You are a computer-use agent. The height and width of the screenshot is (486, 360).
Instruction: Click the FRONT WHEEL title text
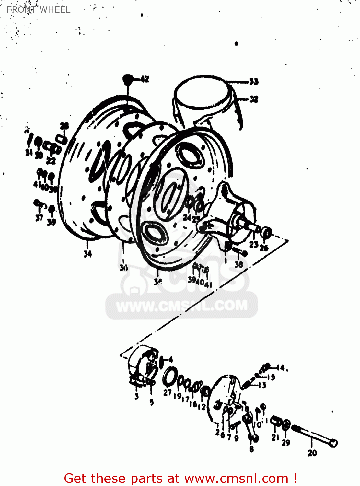click(39, 10)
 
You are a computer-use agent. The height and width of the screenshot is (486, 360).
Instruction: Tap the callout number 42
click(145, 79)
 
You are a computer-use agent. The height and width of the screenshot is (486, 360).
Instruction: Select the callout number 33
click(254, 81)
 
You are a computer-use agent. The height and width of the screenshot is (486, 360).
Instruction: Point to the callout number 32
click(254, 99)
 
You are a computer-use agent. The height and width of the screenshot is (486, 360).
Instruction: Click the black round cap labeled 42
click(128, 79)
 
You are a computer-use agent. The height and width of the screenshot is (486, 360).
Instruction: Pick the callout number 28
click(64, 126)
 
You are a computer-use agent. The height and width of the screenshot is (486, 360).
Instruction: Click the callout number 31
click(29, 153)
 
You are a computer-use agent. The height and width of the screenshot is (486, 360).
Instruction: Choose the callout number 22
click(51, 160)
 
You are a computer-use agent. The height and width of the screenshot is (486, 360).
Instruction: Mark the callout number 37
click(39, 218)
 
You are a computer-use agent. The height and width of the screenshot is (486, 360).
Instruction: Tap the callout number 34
click(87, 254)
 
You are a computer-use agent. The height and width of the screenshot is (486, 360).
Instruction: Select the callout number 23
click(254, 244)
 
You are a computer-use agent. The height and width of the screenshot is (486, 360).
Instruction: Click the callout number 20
click(312, 453)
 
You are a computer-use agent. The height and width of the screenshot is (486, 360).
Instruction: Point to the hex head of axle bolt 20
click(333, 443)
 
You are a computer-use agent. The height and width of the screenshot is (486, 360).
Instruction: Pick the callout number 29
click(286, 442)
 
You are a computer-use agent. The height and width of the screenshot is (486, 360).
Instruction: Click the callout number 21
click(275, 437)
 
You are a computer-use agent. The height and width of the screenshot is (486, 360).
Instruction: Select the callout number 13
click(262, 385)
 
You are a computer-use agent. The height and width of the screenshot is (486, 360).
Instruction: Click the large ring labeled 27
click(169, 377)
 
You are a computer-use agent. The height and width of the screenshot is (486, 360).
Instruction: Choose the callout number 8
click(251, 449)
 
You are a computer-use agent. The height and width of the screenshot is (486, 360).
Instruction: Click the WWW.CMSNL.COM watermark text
click(181, 306)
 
